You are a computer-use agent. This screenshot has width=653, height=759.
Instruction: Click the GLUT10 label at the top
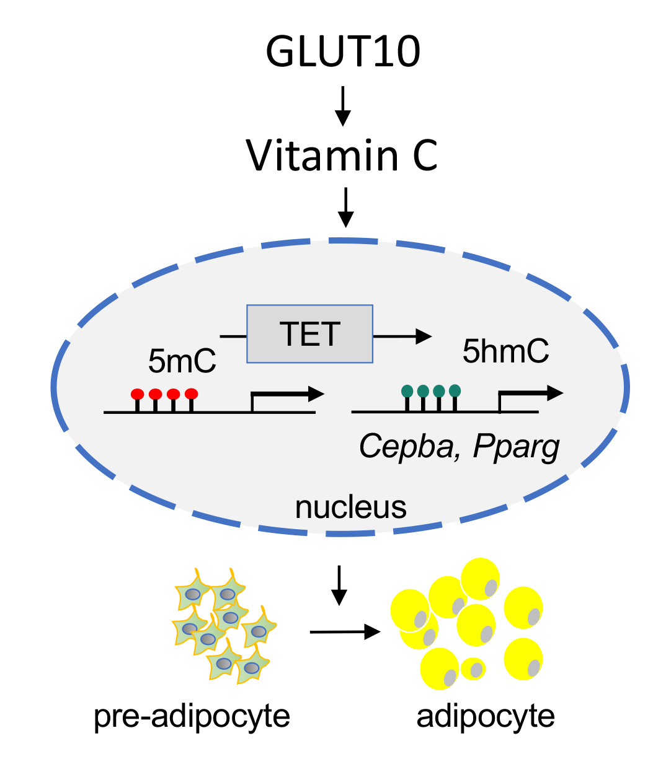[342, 52]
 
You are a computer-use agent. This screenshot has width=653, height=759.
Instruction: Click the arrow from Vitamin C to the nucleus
[345, 208]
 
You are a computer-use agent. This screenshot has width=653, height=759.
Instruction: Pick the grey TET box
[309, 333]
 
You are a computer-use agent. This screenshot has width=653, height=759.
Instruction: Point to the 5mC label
[182, 362]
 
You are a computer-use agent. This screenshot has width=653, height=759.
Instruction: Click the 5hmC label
[505, 351]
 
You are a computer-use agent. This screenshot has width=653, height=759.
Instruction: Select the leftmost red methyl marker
[137, 394]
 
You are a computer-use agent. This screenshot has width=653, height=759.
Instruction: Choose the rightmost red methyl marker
[192, 394]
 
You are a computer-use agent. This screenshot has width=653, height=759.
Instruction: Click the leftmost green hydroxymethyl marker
[407, 391]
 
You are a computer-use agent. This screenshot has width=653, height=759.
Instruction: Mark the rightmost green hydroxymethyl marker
[455, 391]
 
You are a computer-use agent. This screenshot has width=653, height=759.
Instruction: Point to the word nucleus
[350, 507]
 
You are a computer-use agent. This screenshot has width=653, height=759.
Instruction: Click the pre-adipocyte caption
[192, 717]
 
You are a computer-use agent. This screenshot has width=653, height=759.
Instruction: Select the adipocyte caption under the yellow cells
[486, 717]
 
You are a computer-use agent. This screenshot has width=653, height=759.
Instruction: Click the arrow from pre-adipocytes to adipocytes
[344, 631]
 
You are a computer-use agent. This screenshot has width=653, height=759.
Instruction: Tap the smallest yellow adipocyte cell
[473, 669]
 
